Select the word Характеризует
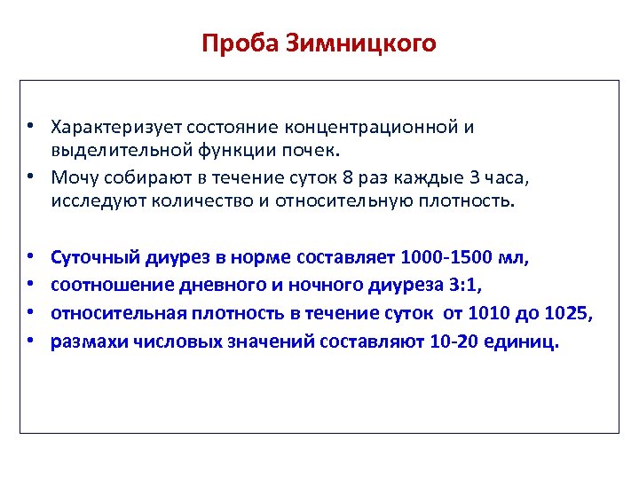point(107,127)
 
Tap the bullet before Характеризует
point(30,127)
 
